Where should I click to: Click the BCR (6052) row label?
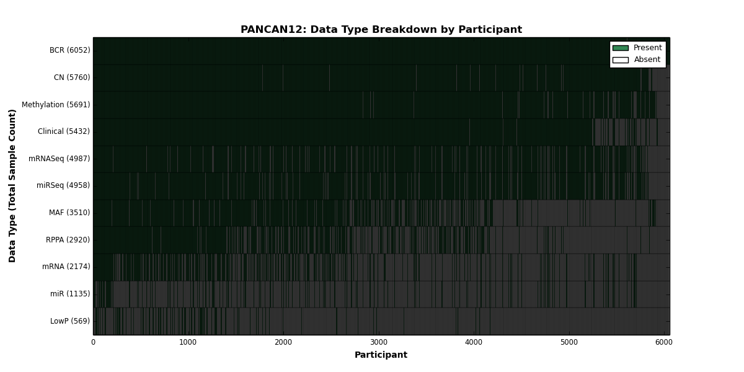point(69,50)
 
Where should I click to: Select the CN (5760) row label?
point(72,77)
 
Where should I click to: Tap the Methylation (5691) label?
point(56,105)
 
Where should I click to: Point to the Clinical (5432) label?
point(64,131)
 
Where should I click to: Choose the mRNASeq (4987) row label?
point(59,159)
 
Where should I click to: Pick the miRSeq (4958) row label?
point(63,185)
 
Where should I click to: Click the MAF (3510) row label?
point(69,213)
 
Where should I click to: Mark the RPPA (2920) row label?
point(68,240)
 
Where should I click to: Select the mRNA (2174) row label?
point(66,267)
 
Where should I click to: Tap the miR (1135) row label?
point(70,294)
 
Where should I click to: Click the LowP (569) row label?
point(70,321)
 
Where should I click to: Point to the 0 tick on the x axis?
point(94,342)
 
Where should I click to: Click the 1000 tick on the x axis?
point(188,342)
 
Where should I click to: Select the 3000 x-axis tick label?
point(379,342)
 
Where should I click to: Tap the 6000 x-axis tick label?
point(664,342)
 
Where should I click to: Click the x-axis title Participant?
point(381,355)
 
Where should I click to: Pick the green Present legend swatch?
point(621,48)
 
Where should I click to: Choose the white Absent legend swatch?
point(621,60)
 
